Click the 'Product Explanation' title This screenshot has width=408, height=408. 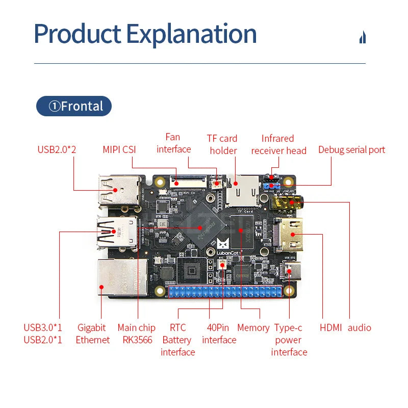click(145, 34)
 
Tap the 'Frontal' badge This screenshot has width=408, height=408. click(74, 106)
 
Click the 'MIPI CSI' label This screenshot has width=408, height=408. click(119, 149)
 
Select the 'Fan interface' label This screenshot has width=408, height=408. click(173, 143)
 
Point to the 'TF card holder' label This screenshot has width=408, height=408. click(223, 144)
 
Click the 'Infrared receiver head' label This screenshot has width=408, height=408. click(278, 144)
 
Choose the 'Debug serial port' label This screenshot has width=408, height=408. click(351, 149)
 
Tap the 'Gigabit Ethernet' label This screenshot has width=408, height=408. click(92, 334)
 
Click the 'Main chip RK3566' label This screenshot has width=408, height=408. click(137, 334)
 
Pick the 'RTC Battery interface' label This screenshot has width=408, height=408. click(177, 340)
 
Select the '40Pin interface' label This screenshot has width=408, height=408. click(219, 334)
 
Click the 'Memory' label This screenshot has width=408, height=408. click(253, 328)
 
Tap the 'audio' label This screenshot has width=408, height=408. click(360, 328)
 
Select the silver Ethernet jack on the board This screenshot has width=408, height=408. click(121, 278)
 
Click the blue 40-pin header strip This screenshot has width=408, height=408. click(225, 292)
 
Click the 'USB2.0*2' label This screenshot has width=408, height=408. click(57, 149)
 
